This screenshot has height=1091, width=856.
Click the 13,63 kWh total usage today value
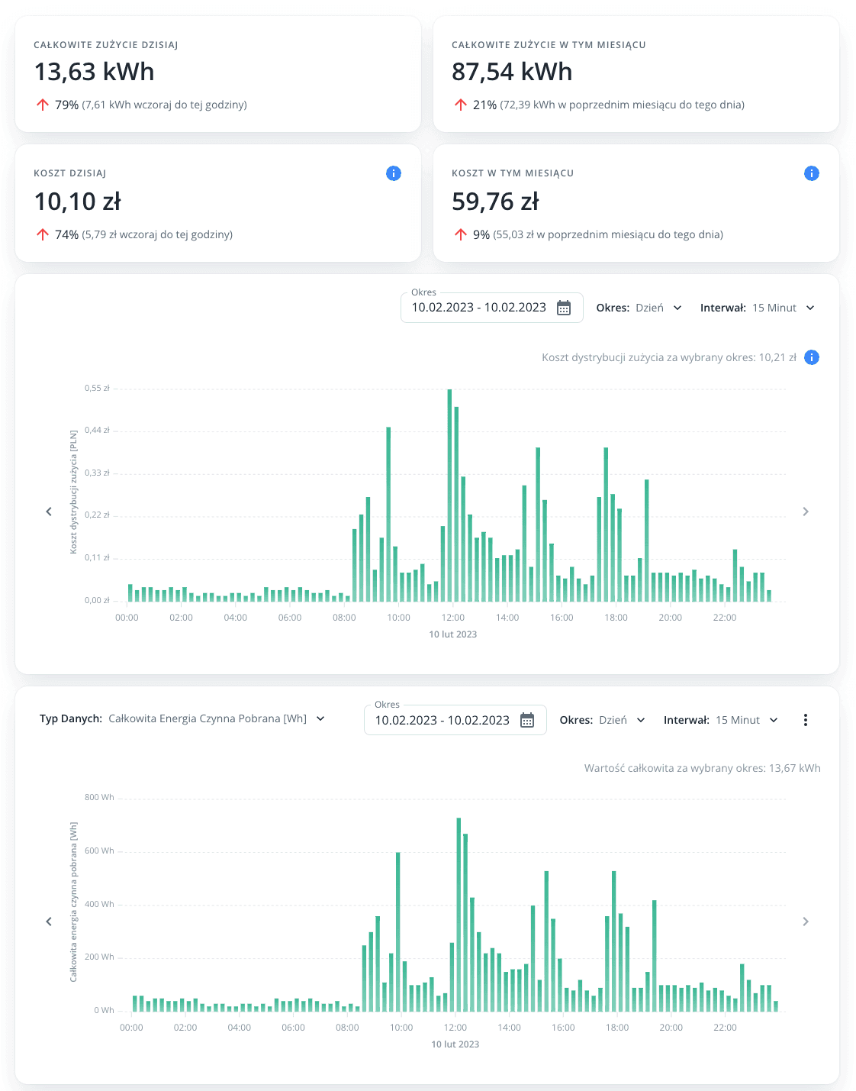pyautogui.click(x=94, y=72)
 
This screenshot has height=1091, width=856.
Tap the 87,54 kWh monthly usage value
pyautogui.click(x=511, y=72)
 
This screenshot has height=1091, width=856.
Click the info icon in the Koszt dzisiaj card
pyautogui.click(x=394, y=173)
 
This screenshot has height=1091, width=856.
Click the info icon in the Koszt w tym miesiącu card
pyautogui.click(x=812, y=173)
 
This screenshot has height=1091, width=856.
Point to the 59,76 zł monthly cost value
pyautogui.click(x=495, y=202)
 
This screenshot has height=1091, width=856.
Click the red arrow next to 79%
pyautogui.click(x=43, y=105)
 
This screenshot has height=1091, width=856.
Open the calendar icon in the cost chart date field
pyautogui.click(x=564, y=308)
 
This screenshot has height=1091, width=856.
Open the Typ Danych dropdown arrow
pyautogui.click(x=320, y=718)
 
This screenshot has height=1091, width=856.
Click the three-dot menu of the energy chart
pyautogui.click(x=806, y=720)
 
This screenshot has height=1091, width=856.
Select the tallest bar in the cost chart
pyautogui.click(x=449, y=496)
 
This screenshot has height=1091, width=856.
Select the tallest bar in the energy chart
pyautogui.click(x=459, y=916)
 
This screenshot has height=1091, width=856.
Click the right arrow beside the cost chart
pyautogui.click(x=806, y=512)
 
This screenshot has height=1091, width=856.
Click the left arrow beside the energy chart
pyautogui.click(x=49, y=922)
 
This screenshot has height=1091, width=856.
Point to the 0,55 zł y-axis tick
pyautogui.click(x=97, y=389)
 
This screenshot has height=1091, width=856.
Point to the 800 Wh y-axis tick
pyautogui.click(x=99, y=797)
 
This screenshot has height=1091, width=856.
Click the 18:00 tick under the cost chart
pyautogui.click(x=616, y=618)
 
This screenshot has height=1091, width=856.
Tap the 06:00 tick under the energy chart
pyautogui.click(x=293, y=1028)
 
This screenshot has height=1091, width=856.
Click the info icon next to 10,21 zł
pyautogui.click(x=812, y=357)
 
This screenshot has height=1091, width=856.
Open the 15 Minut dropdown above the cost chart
pyautogui.click(x=783, y=308)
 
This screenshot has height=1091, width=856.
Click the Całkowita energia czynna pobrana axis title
pyautogui.click(x=73, y=902)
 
